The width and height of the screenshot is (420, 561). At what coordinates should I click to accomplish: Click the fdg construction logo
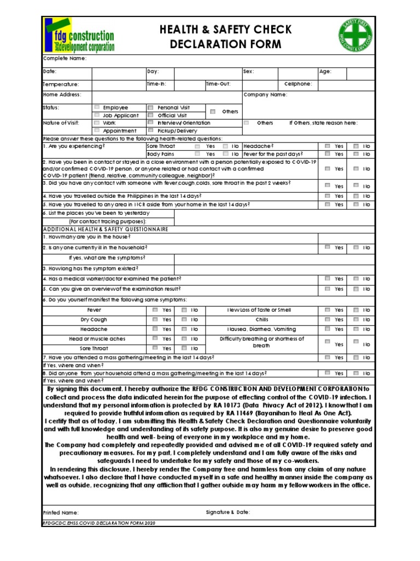tap(80, 35)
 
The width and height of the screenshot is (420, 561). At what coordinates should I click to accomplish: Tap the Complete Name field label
tap(65, 59)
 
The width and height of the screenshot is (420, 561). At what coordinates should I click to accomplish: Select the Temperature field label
tap(61, 84)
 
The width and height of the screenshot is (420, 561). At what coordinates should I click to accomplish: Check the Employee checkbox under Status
tap(97, 107)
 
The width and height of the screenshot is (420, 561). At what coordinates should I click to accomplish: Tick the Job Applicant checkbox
tap(97, 116)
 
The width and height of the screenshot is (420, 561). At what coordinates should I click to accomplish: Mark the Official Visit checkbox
tap(150, 116)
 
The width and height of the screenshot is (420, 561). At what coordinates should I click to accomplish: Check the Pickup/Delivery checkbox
tap(150, 131)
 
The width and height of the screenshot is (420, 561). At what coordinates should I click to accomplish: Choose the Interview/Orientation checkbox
tap(150, 123)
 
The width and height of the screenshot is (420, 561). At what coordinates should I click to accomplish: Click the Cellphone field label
tap(298, 84)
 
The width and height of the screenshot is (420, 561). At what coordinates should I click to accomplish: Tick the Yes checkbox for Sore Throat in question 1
tap(197, 147)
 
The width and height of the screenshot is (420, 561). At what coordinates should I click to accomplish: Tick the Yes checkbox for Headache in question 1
tap(327, 146)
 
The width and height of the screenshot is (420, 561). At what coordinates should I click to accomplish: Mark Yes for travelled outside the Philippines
tap(327, 196)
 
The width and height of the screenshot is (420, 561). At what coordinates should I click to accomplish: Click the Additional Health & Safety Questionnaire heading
tap(106, 229)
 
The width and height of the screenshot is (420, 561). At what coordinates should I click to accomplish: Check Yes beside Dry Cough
tap(155, 319)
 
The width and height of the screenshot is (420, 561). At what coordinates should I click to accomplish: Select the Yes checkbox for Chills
tap(327, 319)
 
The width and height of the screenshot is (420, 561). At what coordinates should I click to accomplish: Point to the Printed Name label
tap(61, 512)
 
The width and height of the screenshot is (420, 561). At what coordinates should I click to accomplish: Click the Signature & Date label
tap(227, 512)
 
